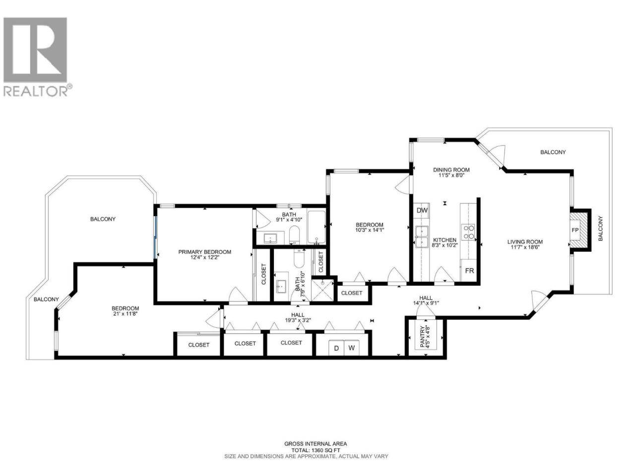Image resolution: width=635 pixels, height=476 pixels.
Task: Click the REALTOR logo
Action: click(x=37, y=57)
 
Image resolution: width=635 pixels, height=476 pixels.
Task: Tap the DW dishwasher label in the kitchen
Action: click(x=422, y=210)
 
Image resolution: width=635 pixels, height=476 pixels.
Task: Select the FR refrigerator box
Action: click(x=469, y=271)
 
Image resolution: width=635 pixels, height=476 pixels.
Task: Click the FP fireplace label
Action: click(x=575, y=230)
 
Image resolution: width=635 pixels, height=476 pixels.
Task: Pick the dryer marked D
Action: click(x=336, y=348)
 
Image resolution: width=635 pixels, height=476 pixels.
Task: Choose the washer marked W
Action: click(x=352, y=348)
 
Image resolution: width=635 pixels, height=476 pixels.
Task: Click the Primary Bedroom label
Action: click(x=204, y=252)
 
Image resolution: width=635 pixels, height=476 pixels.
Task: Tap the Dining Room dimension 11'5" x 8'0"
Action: click(x=451, y=175)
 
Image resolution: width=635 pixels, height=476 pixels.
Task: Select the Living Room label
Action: click(x=525, y=242)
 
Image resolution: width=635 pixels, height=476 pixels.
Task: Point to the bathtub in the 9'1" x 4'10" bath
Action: click(x=316, y=227)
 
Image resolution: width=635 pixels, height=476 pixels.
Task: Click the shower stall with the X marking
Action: click(x=322, y=290)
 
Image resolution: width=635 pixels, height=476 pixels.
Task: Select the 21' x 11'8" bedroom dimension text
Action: click(x=126, y=313)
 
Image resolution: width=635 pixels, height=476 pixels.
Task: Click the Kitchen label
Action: click(x=444, y=240)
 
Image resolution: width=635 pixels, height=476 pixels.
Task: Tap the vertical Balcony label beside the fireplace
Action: click(x=600, y=229)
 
